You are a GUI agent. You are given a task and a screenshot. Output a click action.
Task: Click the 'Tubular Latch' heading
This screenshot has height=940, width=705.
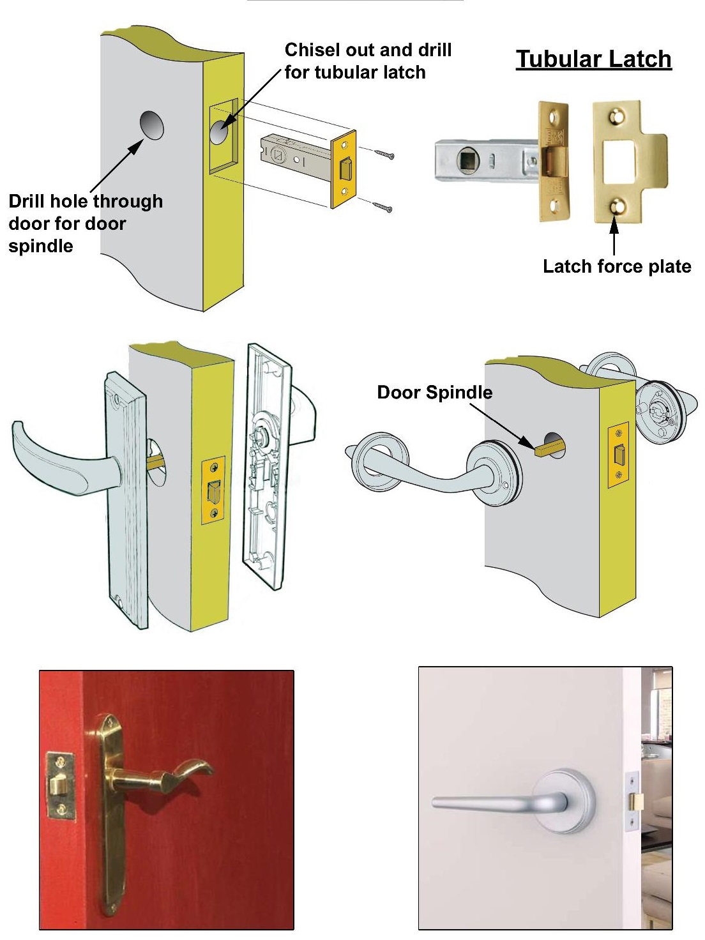tap(593, 59)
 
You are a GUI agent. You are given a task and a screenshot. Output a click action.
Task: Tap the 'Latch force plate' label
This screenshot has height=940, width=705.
tap(616, 266)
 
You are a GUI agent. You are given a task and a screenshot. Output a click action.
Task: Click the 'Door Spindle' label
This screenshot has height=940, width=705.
tap(434, 392)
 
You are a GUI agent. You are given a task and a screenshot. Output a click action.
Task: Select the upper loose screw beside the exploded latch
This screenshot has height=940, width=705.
tap(384, 154)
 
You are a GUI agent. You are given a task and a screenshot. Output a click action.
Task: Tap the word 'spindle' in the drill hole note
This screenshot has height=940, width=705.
tap(41, 246)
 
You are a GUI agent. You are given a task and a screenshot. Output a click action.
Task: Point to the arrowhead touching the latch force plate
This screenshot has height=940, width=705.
tap(614, 222)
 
